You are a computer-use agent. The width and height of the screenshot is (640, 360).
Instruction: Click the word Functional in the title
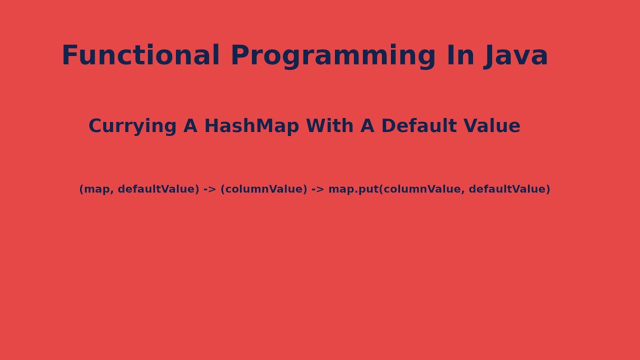[x=140, y=55]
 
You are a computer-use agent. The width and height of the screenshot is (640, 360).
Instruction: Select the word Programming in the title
[x=333, y=55]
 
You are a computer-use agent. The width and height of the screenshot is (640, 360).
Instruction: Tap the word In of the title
[x=460, y=55]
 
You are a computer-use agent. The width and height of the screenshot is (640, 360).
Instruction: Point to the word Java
[x=516, y=55]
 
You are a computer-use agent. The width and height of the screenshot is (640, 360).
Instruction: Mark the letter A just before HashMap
[x=190, y=126]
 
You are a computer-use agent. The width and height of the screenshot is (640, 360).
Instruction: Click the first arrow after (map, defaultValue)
[x=209, y=189]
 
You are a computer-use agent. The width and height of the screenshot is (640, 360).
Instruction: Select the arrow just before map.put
[x=317, y=189]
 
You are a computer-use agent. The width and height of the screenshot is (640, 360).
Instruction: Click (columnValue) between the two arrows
[x=263, y=189]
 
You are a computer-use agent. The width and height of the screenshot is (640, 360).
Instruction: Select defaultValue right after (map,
[x=158, y=189]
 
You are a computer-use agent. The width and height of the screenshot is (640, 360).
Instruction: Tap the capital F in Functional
[x=69, y=55]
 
